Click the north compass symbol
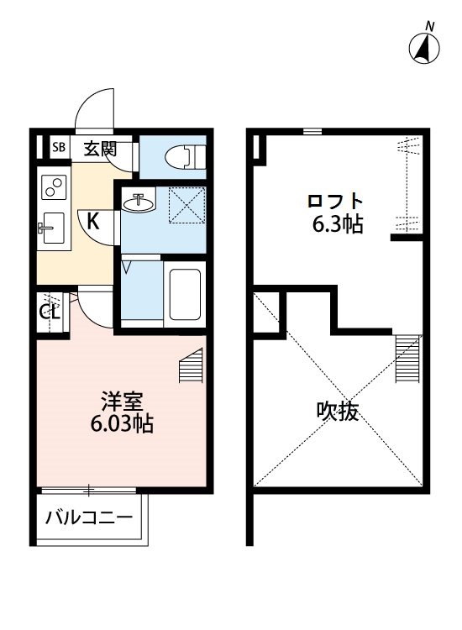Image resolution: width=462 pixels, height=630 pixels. [x=427, y=46]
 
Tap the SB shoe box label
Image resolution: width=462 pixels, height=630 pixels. [x=59, y=149]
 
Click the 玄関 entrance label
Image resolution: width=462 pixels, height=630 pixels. [x=99, y=150]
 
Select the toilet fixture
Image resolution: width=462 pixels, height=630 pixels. [x=184, y=156]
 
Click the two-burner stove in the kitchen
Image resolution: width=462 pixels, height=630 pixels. [x=55, y=187]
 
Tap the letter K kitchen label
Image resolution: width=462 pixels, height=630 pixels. [x=94, y=223]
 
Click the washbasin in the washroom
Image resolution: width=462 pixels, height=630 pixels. [x=139, y=202]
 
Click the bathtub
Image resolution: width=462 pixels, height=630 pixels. [x=184, y=294]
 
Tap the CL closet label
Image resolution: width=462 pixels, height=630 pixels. [x=49, y=312]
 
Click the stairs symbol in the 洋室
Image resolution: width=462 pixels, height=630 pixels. [x=192, y=366]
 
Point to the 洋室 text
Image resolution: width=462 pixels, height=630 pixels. [x=120, y=401]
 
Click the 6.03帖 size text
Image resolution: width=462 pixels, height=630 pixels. [x=120, y=423]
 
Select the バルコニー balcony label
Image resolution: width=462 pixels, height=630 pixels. [x=89, y=517]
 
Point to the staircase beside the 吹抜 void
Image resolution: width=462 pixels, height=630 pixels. [x=407, y=356]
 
